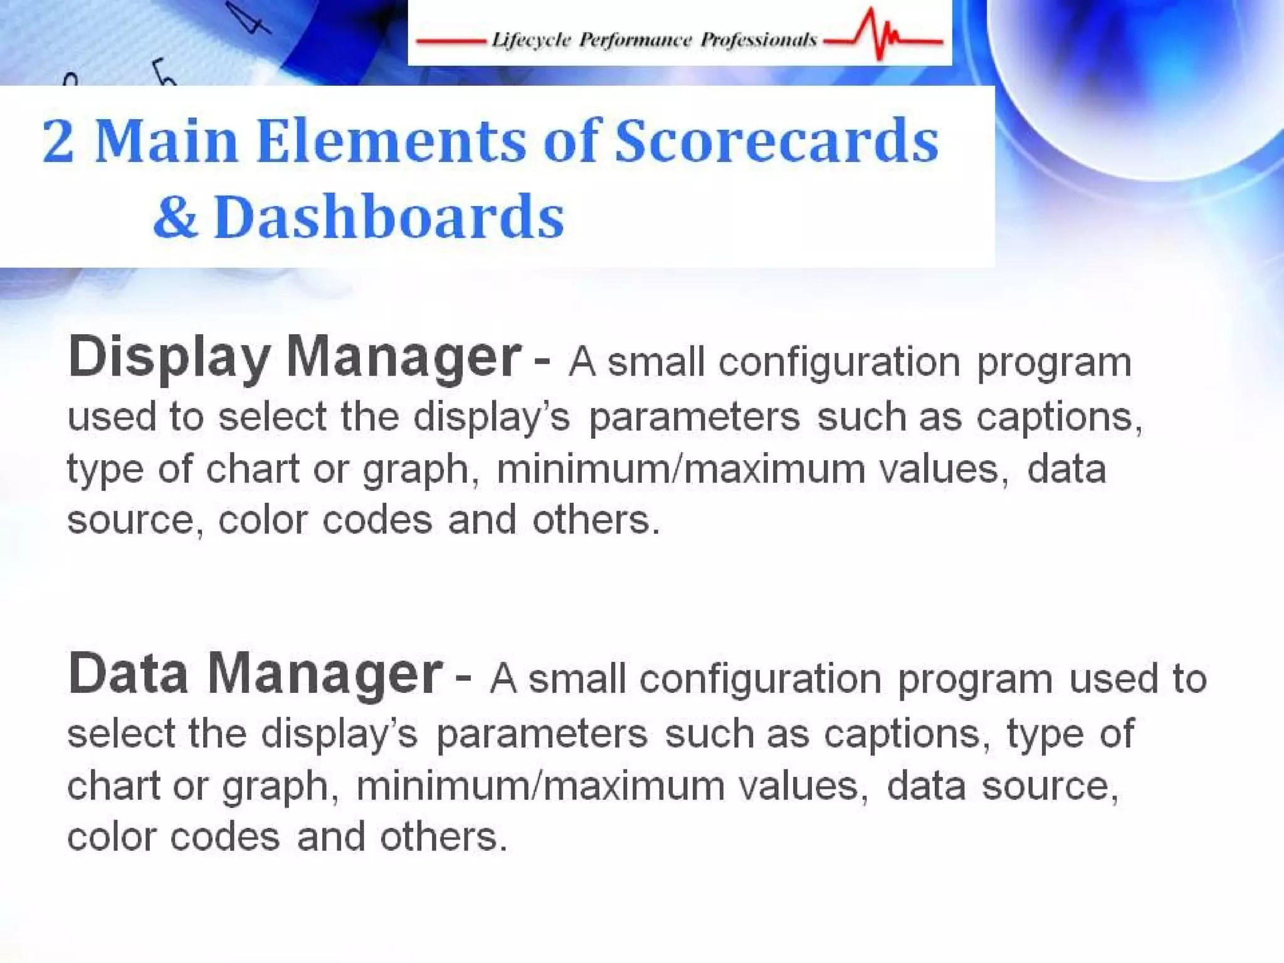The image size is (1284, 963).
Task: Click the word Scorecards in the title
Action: coord(776,142)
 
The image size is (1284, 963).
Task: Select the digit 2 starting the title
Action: coord(58,142)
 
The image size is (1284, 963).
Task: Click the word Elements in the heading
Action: coord(392,142)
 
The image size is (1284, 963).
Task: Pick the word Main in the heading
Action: coord(166,142)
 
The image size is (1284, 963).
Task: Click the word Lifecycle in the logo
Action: coord(531,40)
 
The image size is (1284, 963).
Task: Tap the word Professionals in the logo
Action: coord(759,40)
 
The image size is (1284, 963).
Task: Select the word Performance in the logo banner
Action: coord(635,40)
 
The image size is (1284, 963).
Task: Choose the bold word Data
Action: coord(129,675)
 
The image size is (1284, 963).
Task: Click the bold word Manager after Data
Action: coord(325,675)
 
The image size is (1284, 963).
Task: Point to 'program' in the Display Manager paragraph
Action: coord(1054,364)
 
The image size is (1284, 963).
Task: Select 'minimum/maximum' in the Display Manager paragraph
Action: coord(681,470)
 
